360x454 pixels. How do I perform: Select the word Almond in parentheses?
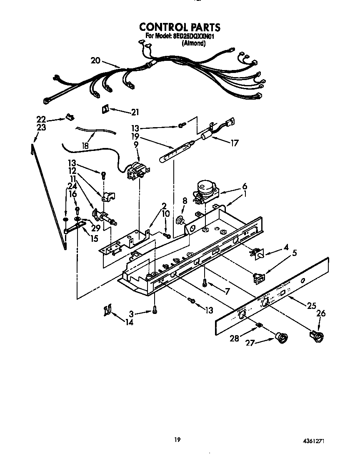[x=194, y=43]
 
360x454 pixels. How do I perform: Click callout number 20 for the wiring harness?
[x=95, y=60]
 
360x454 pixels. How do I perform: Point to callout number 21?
[x=135, y=112]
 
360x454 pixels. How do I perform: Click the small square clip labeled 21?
[x=105, y=109]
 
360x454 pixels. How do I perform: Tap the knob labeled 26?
[x=318, y=335]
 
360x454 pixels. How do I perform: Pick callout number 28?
[x=235, y=338]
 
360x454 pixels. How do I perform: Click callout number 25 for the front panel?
[x=311, y=306]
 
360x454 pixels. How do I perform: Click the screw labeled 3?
[x=155, y=310]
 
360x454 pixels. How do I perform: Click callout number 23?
[x=41, y=128]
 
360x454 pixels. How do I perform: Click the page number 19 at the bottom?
[x=177, y=439]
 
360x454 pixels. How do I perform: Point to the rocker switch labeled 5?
[x=259, y=277]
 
